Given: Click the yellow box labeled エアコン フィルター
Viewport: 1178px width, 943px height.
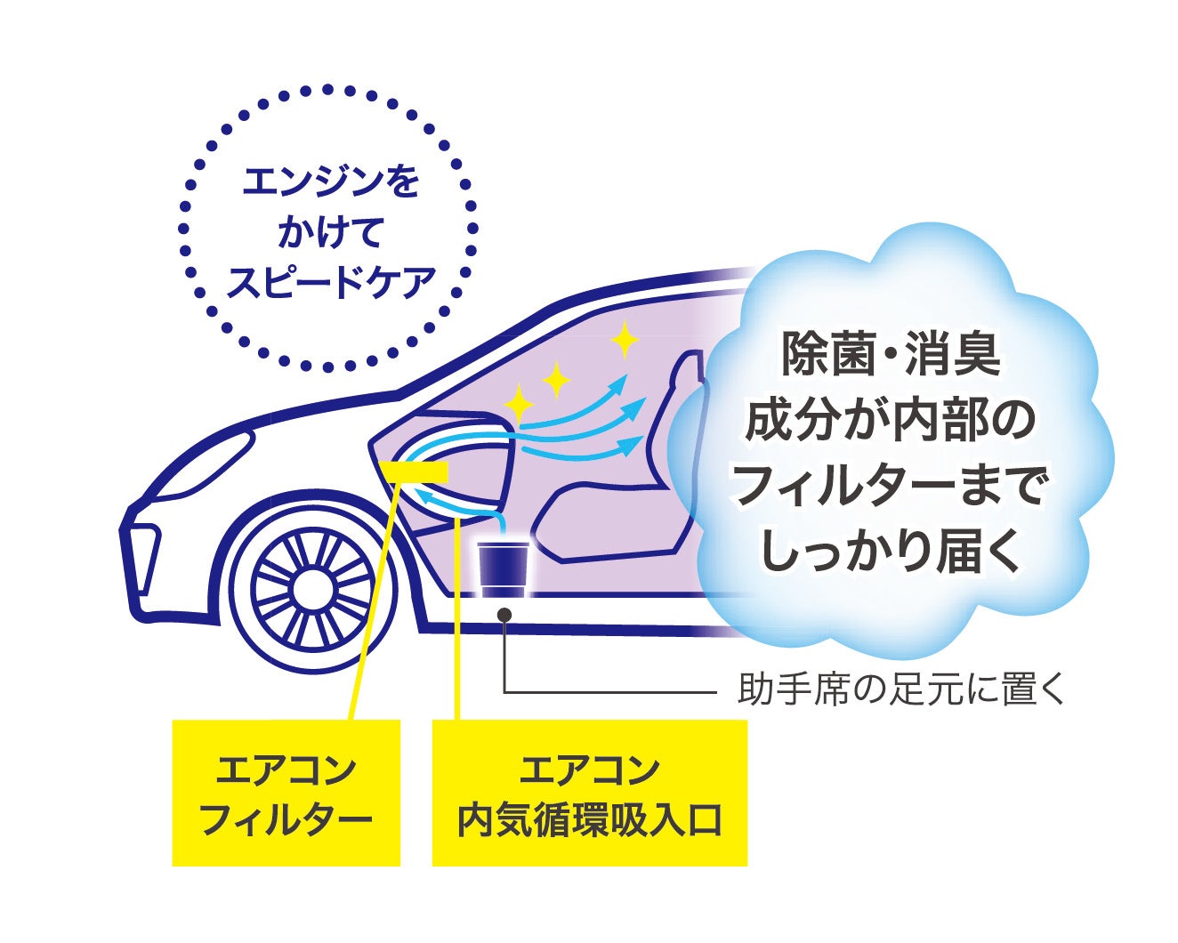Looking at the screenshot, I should (x=286, y=793).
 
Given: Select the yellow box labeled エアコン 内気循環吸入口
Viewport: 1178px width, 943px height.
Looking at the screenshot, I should (x=589, y=793).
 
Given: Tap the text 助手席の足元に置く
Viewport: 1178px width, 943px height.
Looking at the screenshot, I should (x=900, y=690).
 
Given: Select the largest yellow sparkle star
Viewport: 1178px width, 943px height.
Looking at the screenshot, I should (x=625, y=339).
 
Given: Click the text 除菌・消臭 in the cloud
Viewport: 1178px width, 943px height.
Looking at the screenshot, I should (x=891, y=353).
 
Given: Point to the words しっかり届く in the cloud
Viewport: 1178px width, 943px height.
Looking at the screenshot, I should (x=891, y=553).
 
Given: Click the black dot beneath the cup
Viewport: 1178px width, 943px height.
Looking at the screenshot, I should (x=504, y=614).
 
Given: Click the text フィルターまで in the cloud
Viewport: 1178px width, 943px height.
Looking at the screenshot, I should (x=891, y=487).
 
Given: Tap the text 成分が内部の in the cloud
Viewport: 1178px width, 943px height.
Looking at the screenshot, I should (x=891, y=420).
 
